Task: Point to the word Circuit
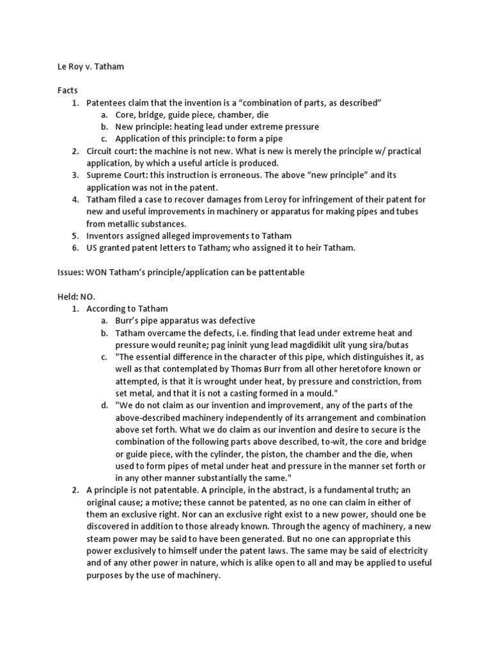click(x=100, y=150)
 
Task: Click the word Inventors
click(x=106, y=235)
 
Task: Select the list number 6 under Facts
click(x=75, y=248)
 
